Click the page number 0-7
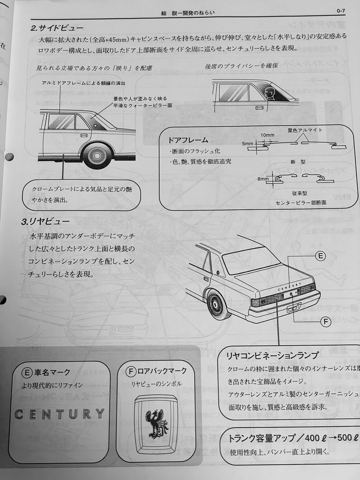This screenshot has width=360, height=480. point(343,11)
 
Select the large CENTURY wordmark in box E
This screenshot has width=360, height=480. point(60,414)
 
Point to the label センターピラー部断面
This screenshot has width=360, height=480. point(301,202)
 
